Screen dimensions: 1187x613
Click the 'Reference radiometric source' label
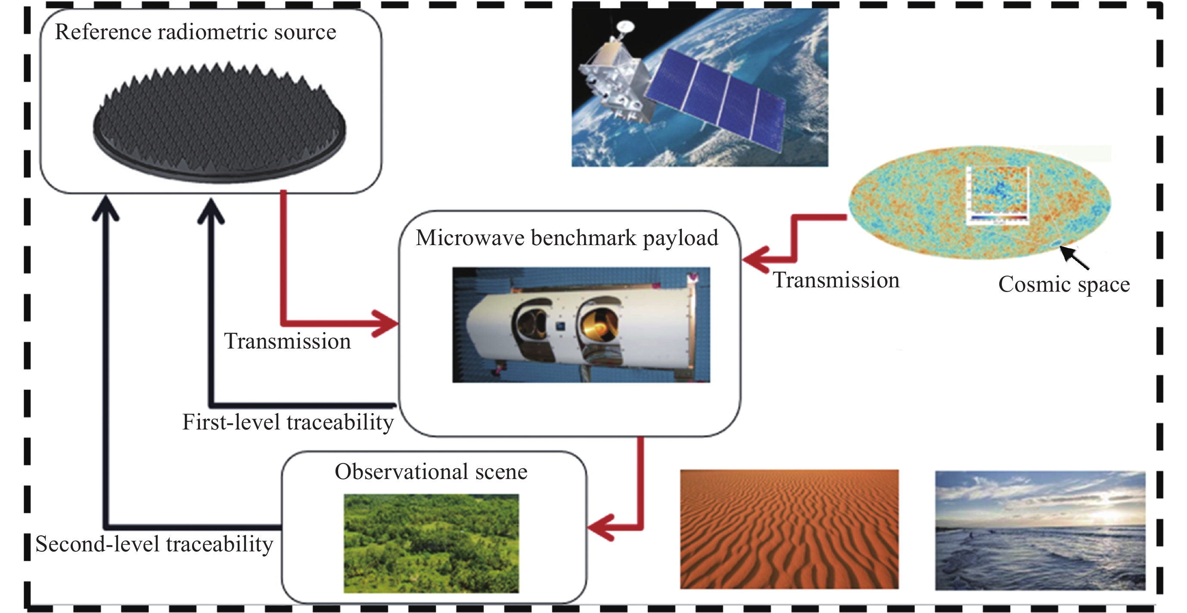[x=196, y=32]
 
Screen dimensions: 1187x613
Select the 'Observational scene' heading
[x=431, y=472]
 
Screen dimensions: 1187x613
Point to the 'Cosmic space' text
[x=1064, y=284]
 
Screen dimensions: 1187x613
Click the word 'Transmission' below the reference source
[x=287, y=342]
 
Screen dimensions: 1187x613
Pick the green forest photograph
[x=431, y=543]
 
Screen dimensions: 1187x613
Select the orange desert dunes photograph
[x=789, y=529]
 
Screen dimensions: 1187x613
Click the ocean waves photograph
[x=1040, y=530]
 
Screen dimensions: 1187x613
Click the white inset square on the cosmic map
[x=997, y=196]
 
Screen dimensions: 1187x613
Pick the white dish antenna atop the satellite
[x=625, y=26]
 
